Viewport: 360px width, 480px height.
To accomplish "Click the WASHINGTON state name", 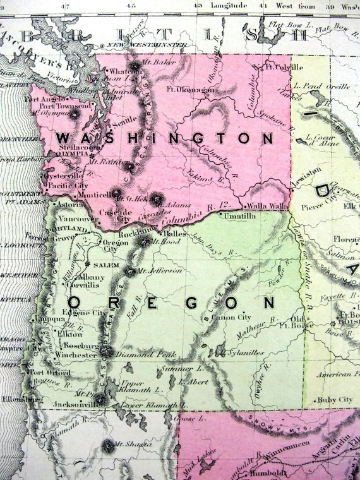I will point(164,138).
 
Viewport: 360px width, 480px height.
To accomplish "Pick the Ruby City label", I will point(334,399).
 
